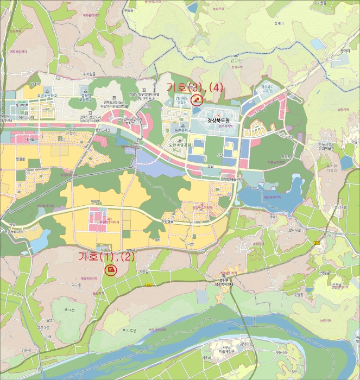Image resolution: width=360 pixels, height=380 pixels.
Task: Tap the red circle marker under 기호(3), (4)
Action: click(x=196, y=100)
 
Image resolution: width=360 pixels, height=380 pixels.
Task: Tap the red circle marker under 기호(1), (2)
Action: click(x=111, y=269)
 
